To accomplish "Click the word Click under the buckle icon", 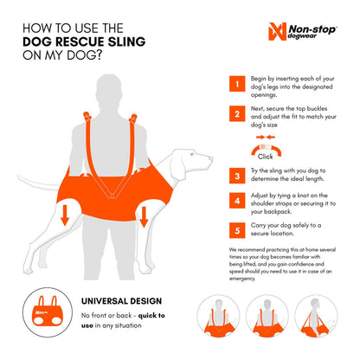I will pos(266,156).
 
